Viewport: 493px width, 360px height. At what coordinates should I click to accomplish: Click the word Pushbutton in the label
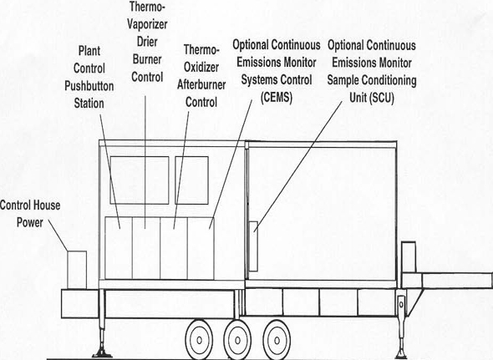(x=89, y=86)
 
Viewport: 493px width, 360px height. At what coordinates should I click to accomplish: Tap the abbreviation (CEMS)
(x=277, y=97)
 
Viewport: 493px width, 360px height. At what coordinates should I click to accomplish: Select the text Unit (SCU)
(x=372, y=98)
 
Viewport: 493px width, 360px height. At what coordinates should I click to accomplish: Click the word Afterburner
(x=201, y=84)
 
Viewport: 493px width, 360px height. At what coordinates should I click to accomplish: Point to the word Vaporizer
(x=147, y=24)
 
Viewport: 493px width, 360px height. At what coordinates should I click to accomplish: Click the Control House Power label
(x=30, y=214)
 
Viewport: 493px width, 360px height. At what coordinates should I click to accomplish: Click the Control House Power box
(x=77, y=270)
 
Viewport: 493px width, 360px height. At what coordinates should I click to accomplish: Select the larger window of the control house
(x=140, y=180)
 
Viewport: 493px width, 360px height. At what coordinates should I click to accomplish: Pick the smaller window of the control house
(x=192, y=180)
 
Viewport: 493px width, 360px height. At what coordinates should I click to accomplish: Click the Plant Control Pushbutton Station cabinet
(x=119, y=248)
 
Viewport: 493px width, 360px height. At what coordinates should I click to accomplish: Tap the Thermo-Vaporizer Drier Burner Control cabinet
(x=146, y=248)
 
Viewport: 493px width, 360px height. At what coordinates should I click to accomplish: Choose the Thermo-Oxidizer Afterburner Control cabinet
(x=174, y=248)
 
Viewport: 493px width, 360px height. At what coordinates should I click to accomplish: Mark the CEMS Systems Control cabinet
(x=201, y=248)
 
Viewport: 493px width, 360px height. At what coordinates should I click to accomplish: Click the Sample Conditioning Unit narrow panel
(x=253, y=246)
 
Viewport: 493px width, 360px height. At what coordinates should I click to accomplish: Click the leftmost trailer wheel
(x=199, y=340)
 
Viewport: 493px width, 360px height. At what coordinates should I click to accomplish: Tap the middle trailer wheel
(x=237, y=340)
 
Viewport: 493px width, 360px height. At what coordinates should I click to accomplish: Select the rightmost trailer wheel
(x=277, y=340)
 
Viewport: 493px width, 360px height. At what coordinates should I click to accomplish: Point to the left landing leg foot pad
(x=102, y=353)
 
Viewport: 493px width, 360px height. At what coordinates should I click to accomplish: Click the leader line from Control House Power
(x=58, y=236)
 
